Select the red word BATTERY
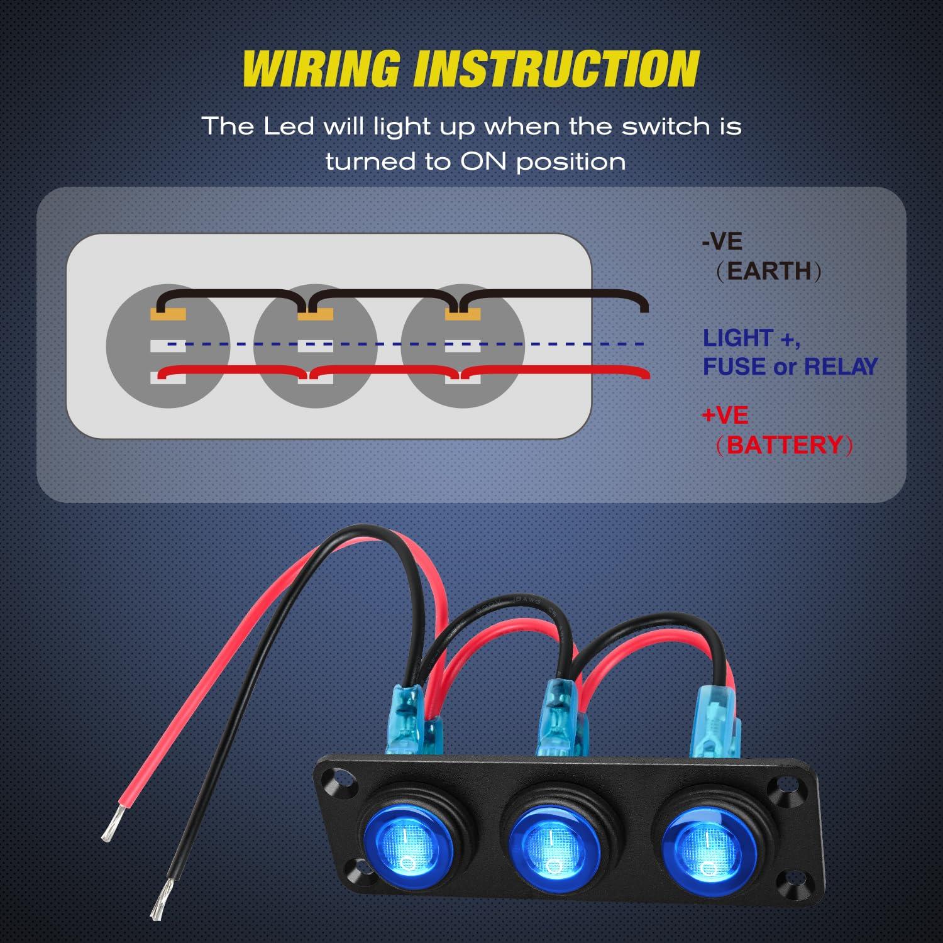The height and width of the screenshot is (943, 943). pos(784,445)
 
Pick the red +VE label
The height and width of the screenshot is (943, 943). pos(725,416)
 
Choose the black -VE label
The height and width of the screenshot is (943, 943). pos(722,241)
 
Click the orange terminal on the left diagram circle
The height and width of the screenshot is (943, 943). pos(168,314)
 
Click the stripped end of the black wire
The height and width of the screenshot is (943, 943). pos(161,900)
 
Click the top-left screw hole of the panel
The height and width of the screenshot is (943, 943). pos(333,782)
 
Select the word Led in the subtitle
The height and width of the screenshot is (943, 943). pos(289,126)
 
